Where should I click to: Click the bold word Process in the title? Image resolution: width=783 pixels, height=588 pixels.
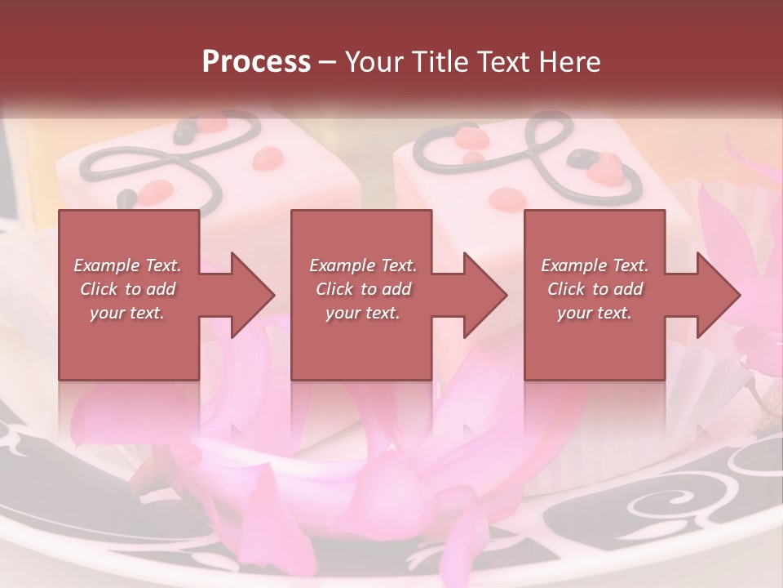coord(256,61)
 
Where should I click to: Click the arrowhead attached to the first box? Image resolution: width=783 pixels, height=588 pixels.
coord(245,295)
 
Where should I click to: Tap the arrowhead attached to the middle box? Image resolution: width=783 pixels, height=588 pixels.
coord(477,295)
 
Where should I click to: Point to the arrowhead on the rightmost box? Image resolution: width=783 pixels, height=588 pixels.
coord(710,295)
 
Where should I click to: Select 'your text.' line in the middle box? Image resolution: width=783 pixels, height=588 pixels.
coord(362,313)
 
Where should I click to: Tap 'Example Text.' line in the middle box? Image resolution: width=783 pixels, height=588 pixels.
coord(362,265)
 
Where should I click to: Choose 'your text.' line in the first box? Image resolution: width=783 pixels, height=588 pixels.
coord(127,313)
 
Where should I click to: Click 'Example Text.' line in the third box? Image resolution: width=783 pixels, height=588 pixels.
coord(595,265)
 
